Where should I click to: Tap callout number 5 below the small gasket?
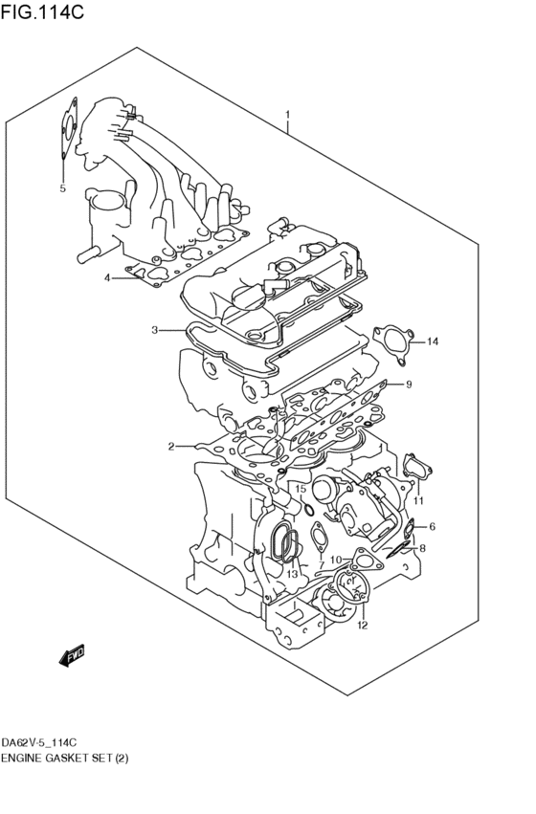(62, 188)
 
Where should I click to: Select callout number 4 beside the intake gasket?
(108, 277)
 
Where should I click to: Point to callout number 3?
(154, 330)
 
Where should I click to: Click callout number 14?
(433, 341)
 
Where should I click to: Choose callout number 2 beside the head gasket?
(171, 447)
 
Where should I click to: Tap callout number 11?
(418, 499)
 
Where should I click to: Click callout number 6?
(432, 526)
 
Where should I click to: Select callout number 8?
(422, 548)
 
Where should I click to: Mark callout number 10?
(335, 560)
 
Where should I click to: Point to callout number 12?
(362, 627)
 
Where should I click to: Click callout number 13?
(293, 574)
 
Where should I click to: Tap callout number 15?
(300, 489)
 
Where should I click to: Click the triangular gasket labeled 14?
(393, 341)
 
